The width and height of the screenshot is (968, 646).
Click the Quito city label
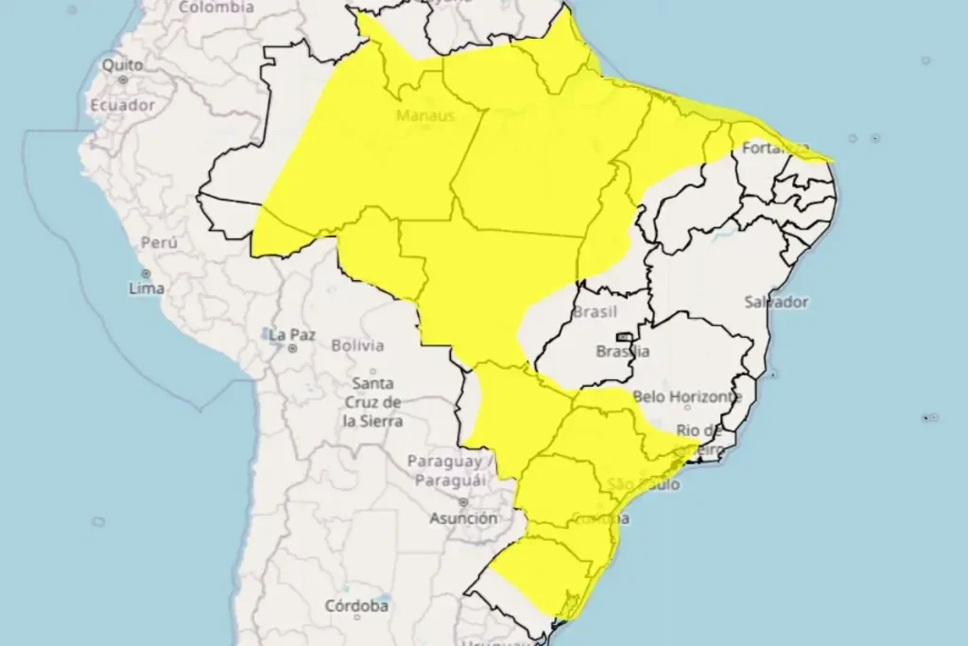click(123, 65)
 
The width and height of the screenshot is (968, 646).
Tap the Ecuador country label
click(122, 105)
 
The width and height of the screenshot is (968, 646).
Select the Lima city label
click(147, 288)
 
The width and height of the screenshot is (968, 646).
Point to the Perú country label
click(159, 243)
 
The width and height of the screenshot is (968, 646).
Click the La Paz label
click(292, 335)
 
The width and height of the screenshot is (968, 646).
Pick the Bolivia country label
click(357, 345)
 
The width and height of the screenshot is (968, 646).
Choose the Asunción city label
click(463, 518)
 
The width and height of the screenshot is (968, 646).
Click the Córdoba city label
click(357, 605)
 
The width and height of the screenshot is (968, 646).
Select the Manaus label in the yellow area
click(425, 116)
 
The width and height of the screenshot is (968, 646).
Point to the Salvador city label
click(776, 302)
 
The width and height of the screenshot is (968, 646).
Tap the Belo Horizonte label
click(686, 397)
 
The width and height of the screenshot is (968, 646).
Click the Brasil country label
click(595, 311)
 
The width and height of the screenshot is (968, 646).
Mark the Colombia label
click(216, 8)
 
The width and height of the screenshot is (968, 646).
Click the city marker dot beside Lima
click(146, 273)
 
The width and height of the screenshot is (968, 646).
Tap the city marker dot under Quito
click(123, 79)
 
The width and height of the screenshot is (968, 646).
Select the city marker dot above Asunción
click(463, 502)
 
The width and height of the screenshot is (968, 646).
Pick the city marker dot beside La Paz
click(294, 348)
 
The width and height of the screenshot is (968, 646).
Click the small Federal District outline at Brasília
click(624, 337)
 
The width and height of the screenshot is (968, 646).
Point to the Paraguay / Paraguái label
click(451, 470)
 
